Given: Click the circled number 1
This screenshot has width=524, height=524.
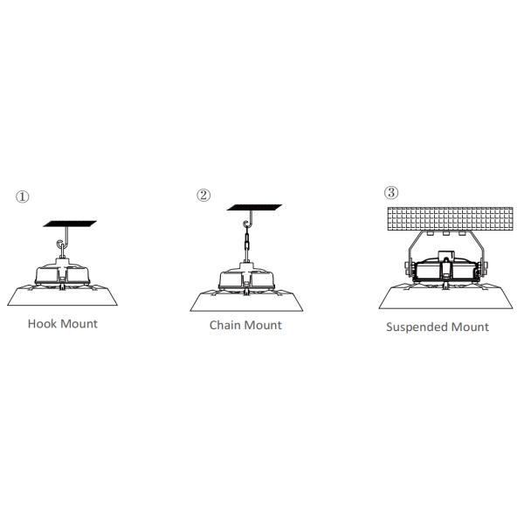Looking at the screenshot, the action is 23,196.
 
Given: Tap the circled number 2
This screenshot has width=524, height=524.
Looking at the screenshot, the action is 203,195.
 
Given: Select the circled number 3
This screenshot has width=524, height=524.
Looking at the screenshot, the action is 391,192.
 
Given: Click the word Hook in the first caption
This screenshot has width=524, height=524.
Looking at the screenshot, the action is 42,323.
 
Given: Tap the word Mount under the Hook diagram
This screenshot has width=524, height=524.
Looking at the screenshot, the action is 79,323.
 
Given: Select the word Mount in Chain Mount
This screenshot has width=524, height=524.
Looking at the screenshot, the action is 264,325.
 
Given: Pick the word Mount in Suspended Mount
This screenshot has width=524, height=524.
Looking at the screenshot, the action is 471,327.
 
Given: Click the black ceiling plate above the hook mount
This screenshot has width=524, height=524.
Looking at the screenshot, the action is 70,224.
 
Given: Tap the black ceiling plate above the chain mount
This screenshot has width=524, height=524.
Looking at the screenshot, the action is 254,207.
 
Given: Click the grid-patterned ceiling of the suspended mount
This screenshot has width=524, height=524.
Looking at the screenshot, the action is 450,218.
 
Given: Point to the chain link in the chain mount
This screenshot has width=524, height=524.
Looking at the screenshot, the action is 247,241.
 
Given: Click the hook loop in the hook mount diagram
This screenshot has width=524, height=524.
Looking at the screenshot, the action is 60,244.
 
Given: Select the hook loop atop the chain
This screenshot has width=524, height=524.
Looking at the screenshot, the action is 246,224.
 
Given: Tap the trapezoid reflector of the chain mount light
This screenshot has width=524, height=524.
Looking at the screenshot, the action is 246,301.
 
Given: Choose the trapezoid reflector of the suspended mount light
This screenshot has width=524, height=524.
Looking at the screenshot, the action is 445,298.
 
